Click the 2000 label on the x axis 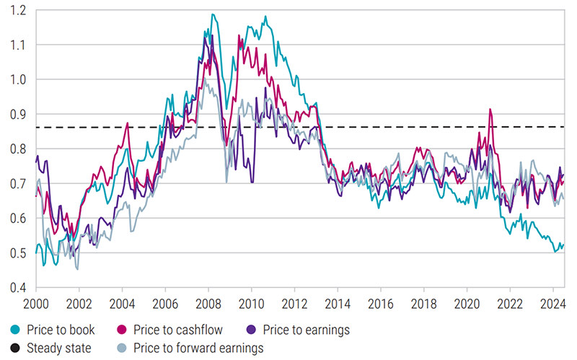click(35, 303)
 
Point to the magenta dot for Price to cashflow click(126, 330)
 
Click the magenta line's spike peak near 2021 click(490, 110)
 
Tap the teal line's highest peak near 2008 click(212, 14)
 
